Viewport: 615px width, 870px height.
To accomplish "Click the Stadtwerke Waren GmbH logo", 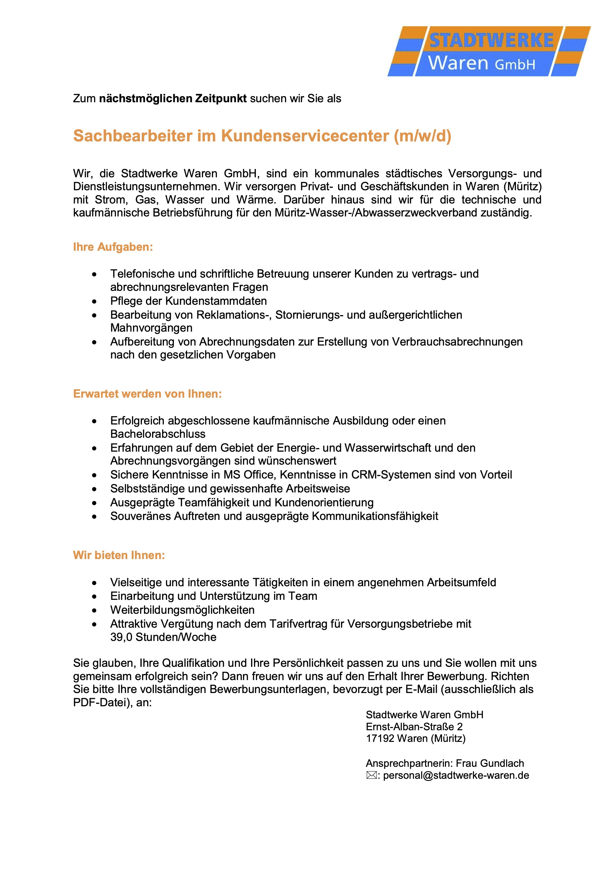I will pyautogui.click(x=489, y=51).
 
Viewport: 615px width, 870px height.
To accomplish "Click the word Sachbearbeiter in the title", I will pyautogui.click(x=133, y=136).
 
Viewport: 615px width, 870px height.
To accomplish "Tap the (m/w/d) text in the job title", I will pyautogui.click(x=423, y=136).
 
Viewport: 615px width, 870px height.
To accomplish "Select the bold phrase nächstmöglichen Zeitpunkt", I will pyautogui.click(x=173, y=99).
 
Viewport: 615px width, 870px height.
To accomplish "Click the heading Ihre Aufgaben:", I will pyautogui.click(x=113, y=247).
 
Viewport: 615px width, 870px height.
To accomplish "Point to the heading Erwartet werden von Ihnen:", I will pyautogui.click(x=148, y=394).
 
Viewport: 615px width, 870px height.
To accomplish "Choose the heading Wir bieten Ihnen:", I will pyautogui.click(x=119, y=555).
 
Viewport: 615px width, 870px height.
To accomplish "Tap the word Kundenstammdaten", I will pyautogui.click(x=216, y=301).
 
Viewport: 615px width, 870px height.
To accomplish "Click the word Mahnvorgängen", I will pyautogui.click(x=151, y=328).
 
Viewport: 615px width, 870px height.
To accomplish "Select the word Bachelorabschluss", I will pyautogui.click(x=158, y=434).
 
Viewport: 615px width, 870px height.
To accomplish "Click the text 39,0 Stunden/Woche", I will pyautogui.click(x=163, y=637).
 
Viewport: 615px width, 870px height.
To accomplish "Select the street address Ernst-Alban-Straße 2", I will pyautogui.click(x=414, y=727).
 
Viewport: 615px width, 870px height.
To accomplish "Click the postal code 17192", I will pyautogui.click(x=380, y=739).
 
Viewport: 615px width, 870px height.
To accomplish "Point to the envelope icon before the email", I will pyautogui.click(x=371, y=775).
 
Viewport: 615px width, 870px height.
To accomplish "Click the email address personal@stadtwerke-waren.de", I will pyautogui.click(x=456, y=775).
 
